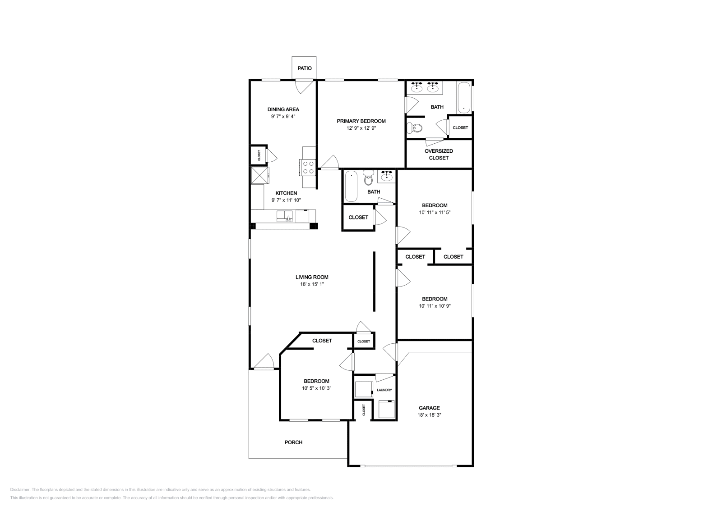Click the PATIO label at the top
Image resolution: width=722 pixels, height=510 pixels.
[x=304, y=68]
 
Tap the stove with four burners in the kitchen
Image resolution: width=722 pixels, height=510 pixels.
[x=309, y=168]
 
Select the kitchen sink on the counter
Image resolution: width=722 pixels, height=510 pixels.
[x=285, y=216]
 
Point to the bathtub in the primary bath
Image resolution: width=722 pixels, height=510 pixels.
[x=463, y=97]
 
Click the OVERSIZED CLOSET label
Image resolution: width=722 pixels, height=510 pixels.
[x=439, y=155]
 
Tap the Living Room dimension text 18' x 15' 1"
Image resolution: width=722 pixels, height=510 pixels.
[x=312, y=284]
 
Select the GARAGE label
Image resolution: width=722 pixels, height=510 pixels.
[x=429, y=408]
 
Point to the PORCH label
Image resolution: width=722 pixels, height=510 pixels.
[x=293, y=442]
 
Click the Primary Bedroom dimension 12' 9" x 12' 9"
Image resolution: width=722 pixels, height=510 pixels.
[x=361, y=128]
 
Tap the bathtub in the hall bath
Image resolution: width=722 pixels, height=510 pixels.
[x=351, y=187]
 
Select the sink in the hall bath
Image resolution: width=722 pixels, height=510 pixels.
[x=387, y=177]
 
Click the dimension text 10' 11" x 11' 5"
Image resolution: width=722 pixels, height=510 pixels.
[x=435, y=212]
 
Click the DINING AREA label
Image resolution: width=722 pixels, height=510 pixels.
[x=283, y=109]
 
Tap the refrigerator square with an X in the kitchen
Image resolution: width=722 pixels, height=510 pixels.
[x=259, y=175]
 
